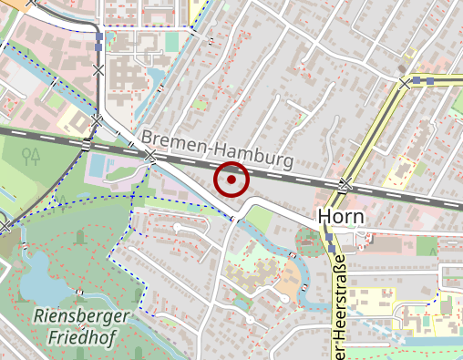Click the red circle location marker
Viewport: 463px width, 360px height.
click(x=231, y=180)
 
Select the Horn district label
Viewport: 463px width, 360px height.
click(x=340, y=217)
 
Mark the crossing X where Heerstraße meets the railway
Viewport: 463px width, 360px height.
click(x=345, y=186)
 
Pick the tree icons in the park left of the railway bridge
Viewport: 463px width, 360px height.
click(x=33, y=156)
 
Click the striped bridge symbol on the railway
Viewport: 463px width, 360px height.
click(x=87, y=143)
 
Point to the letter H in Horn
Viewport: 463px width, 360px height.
click(x=324, y=217)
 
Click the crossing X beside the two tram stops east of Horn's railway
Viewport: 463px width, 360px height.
click(x=404, y=83)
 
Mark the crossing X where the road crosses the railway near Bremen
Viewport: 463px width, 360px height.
click(x=150, y=157)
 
